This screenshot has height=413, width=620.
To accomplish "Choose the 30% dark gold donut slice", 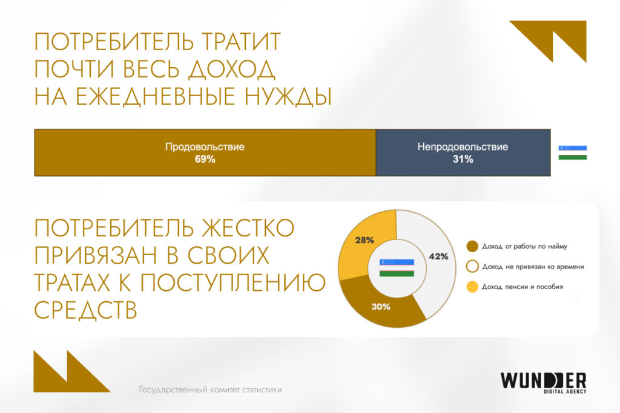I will [x=381, y=306].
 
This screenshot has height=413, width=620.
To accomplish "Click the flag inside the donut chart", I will [x=397, y=267].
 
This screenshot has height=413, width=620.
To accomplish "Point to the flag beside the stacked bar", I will [x=572, y=152].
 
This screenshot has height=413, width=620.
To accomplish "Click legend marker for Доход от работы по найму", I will [x=472, y=246].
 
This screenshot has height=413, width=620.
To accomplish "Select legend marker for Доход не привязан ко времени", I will [x=472, y=266].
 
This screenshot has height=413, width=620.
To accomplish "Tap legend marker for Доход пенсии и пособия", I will [x=472, y=286].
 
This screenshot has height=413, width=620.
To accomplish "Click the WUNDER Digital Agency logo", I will [x=543, y=382].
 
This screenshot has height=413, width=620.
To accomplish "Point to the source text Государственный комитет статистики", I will [x=210, y=390].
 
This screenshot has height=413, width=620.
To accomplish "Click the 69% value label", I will [x=205, y=160].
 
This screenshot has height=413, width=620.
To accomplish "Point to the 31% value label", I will [x=463, y=160].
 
